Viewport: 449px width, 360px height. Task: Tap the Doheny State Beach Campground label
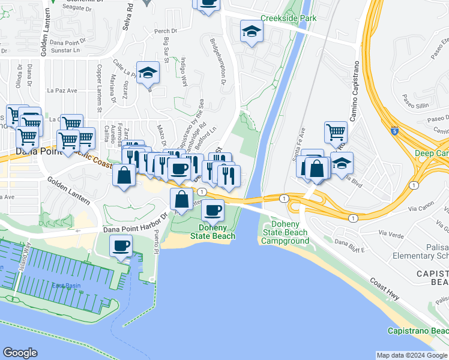pyautogui.click(x=285, y=233)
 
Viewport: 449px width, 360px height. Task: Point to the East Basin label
pyautogui.click(x=65, y=286)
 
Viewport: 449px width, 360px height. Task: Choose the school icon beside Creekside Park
pyautogui.click(x=252, y=31)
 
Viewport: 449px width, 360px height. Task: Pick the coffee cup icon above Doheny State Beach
pyautogui.click(x=212, y=210)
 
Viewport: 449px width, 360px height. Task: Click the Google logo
pyautogui.click(x=20, y=353)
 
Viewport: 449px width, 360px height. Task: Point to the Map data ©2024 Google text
pyautogui.click(x=412, y=355)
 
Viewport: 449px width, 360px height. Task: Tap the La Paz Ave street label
pyautogui.click(x=62, y=91)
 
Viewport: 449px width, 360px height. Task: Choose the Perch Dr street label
pyautogui.click(x=166, y=31)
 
